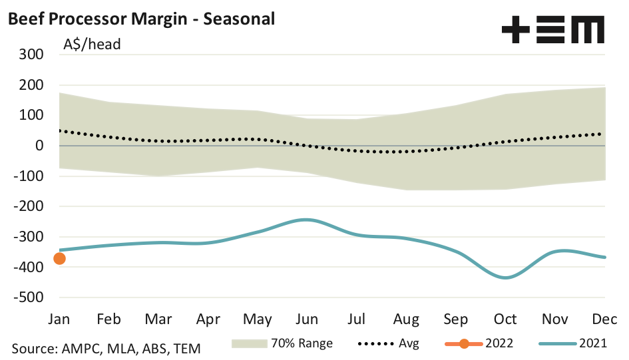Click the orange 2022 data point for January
(59, 258)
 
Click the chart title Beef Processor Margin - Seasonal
(140, 19)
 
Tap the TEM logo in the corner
(552, 30)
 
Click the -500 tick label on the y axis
(27, 297)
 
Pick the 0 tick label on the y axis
(39, 146)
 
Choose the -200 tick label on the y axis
(27, 206)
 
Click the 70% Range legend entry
(283, 344)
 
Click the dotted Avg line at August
(406, 151)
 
